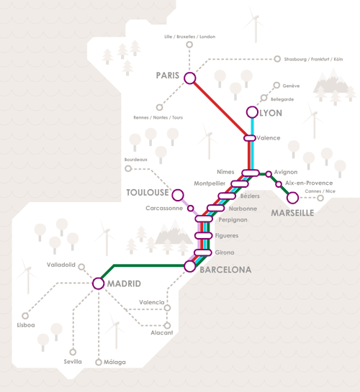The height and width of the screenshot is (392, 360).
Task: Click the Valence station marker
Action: pos(250,138)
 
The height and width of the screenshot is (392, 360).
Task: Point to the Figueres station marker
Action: pos(203,235)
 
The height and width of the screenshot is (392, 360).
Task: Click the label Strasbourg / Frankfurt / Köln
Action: pos(313,59)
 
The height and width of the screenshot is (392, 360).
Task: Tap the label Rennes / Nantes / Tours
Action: pos(158,117)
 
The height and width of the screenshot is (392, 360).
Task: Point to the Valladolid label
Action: pos(61,265)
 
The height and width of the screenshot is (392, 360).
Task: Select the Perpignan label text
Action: pos(233,220)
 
